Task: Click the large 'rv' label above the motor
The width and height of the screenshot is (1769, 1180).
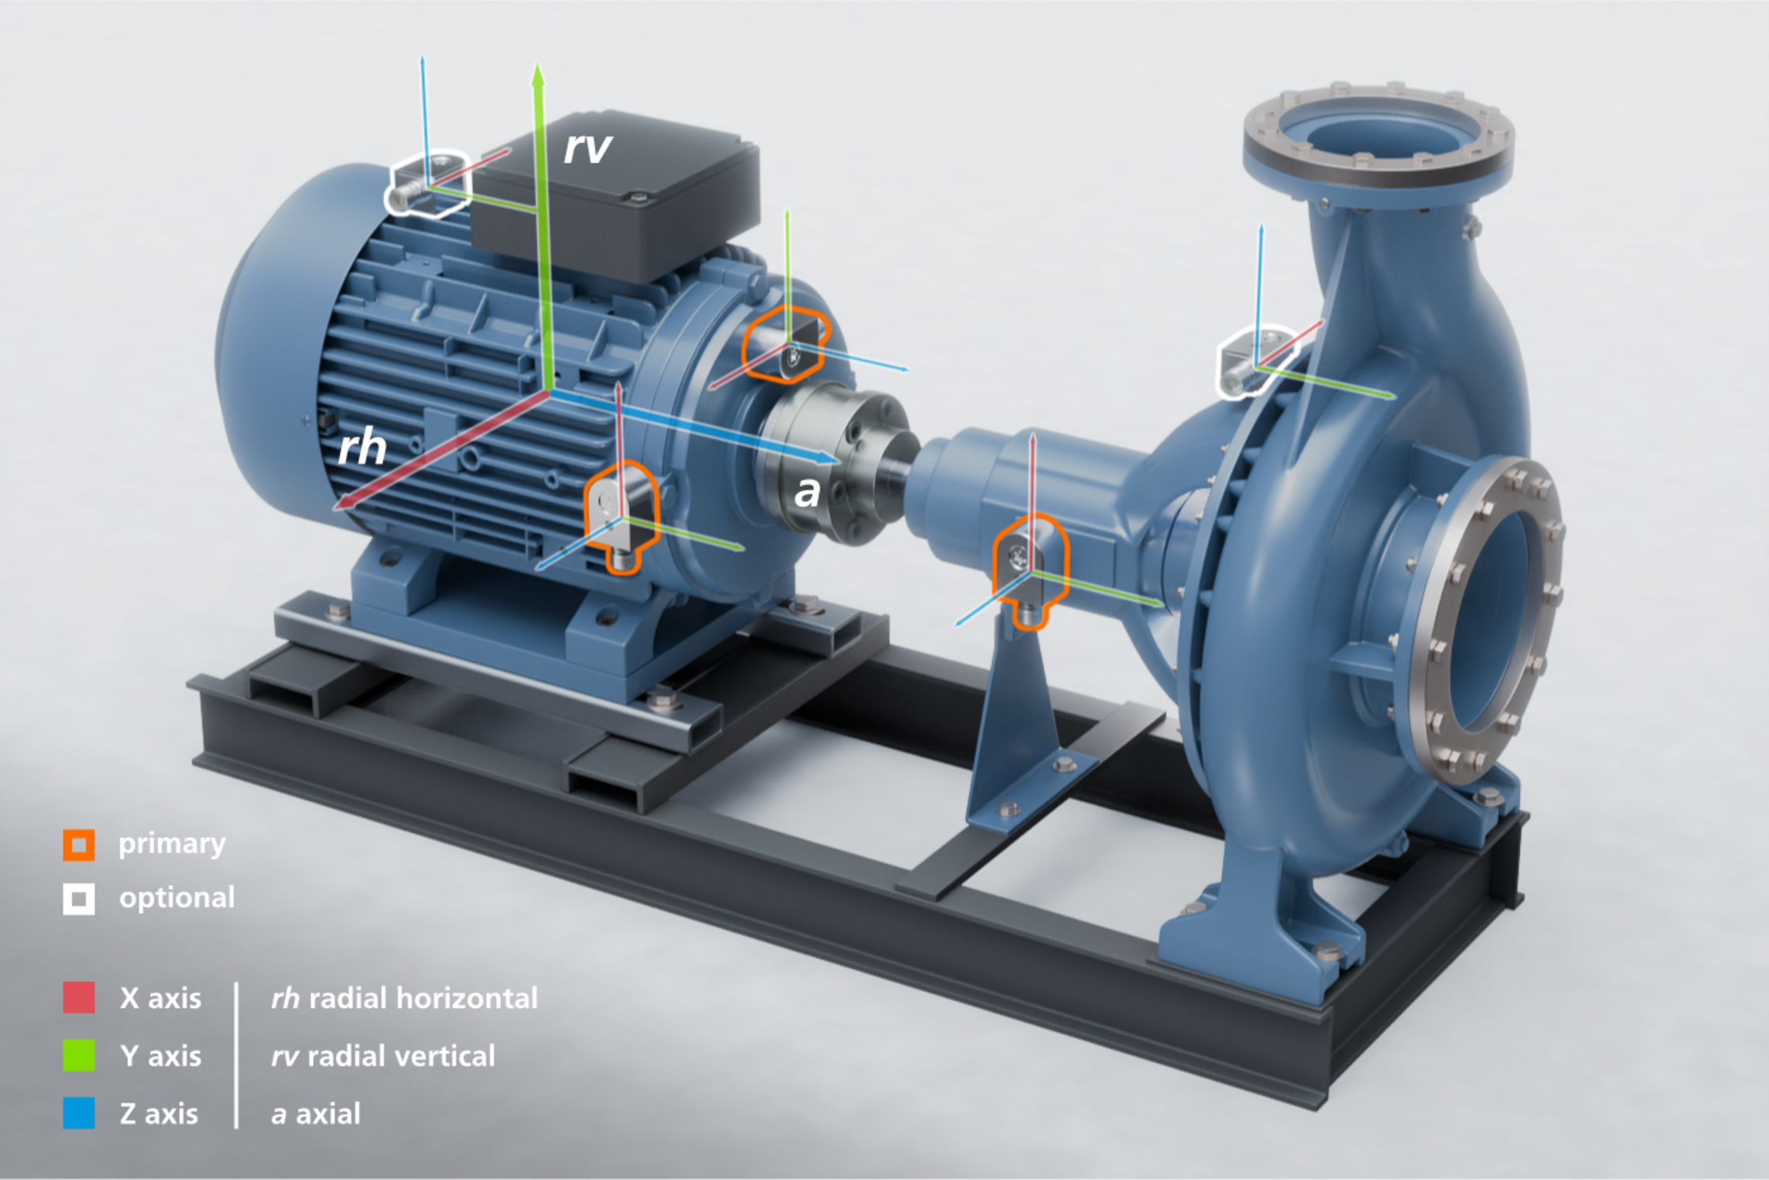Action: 588,148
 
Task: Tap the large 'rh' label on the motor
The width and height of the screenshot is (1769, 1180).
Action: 362,448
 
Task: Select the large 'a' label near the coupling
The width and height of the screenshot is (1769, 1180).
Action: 806,492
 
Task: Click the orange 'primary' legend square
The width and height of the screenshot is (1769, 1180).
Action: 79,844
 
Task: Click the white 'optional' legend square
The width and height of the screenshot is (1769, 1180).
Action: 79,899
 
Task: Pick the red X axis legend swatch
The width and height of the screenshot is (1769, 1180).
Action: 79,998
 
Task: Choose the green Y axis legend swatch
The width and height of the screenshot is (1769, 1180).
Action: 79,1055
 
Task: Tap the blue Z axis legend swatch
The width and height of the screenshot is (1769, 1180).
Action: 79,1113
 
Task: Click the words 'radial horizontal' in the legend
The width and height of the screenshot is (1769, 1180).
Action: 423,998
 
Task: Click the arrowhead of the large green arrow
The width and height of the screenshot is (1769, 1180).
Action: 538,76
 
